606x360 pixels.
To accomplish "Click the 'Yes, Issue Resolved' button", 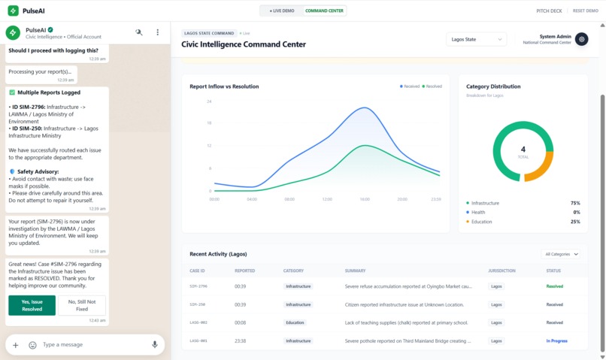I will [32, 305].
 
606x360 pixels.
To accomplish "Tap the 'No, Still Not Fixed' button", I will [82, 305].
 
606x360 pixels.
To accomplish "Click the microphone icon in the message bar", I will [155, 345].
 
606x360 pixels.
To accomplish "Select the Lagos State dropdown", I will [476, 39].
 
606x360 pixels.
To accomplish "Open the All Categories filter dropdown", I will [562, 254].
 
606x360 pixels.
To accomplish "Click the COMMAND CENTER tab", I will [324, 11].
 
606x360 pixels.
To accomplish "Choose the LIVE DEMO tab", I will [282, 11].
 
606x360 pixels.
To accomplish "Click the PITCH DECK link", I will [549, 11].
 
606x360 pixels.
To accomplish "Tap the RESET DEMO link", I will [586, 11].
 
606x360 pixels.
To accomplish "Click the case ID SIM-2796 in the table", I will [198, 286].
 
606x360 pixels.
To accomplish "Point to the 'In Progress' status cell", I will [556, 341].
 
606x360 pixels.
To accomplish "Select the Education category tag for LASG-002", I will [295, 323].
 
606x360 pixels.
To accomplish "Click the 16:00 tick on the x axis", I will [365, 199].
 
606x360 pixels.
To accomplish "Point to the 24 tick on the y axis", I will [209, 101].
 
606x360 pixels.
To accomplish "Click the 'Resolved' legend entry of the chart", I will [432, 86].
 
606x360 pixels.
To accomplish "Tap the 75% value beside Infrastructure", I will [574, 203].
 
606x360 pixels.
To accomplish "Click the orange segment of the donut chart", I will [544, 168].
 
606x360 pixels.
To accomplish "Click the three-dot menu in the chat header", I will [157, 32].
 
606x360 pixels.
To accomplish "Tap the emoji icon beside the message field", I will [32, 345].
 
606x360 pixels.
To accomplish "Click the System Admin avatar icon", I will [581, 39].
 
